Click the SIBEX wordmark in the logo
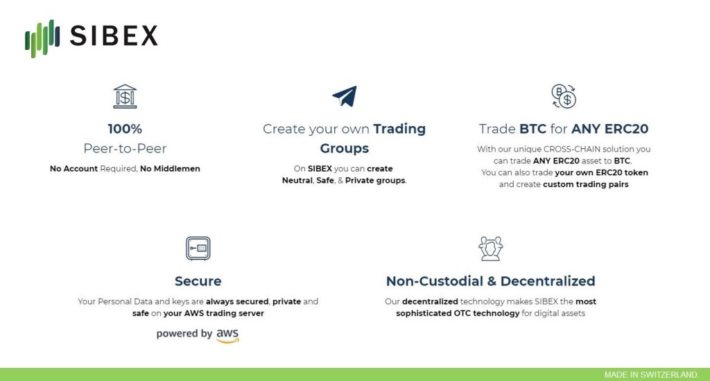coord(114,36)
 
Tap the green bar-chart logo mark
coord(42,38)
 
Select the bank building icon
coord(125,96)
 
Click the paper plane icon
coord(345,96)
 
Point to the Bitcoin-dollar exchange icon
coord(563,96)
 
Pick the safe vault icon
coord(198,249)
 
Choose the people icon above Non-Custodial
coord(490,249)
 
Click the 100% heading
coord(125,129)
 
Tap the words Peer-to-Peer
coord(125,148)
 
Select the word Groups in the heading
coord(345,148)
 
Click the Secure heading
coord(198,281)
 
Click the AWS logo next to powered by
coord(227,335)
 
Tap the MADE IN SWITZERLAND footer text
coord(652,375)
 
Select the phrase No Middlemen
coord(170,169)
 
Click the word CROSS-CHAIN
coord(572,149)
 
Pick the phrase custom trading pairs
coord(585,184)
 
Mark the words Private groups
coord(375,181)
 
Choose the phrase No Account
coord(73,169)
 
